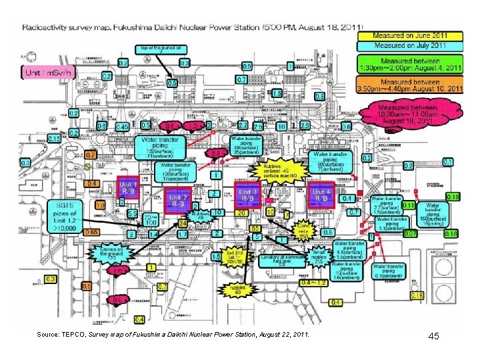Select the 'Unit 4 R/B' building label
(x=321, y=194)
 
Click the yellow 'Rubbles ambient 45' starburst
(x=276, y=170)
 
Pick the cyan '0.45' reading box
(x=122, y=127)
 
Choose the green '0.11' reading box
(x=408, y=205)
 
